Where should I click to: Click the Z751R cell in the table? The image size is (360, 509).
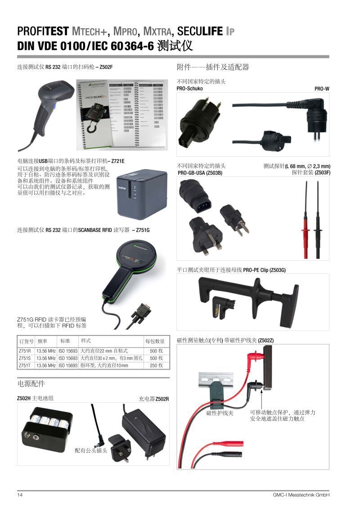click(25, 351)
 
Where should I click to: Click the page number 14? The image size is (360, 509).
click(20, 495)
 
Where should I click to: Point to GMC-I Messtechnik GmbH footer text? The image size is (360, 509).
click(301, 495)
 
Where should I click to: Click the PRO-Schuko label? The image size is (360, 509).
click(189, 89)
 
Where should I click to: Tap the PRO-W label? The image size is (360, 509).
click(322, 89)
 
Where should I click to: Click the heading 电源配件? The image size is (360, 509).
click(31, 384)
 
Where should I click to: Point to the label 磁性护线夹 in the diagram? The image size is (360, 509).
click(220, 413)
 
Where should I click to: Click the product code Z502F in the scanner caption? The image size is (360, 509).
click(105, 67)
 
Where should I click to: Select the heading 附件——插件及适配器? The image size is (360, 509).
click(213, 67)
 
